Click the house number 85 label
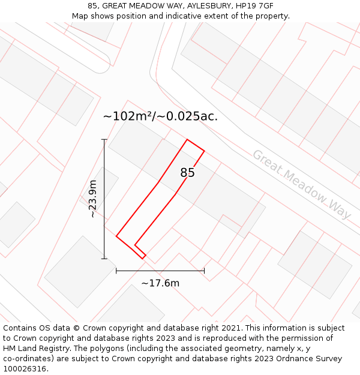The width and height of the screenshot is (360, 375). tap(187, 173)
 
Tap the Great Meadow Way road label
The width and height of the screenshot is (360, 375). tap(301, 184)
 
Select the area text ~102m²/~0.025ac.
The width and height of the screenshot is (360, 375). tap(160, 116)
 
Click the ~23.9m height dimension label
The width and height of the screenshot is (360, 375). tap(92, 199)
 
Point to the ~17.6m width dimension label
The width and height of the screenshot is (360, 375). tap(160, 283)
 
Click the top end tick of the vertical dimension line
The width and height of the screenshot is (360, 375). tap(104, 140)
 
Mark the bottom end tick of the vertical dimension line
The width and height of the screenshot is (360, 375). tap(104, 259)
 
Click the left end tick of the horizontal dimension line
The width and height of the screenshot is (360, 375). tap(116, 271)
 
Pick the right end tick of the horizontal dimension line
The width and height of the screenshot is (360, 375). tap(204, 271)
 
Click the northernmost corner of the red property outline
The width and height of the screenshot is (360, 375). tap(188, 140)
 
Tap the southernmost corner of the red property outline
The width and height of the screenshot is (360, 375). tap(143, 259)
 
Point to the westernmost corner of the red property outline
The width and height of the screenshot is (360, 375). tap(116, 236)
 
